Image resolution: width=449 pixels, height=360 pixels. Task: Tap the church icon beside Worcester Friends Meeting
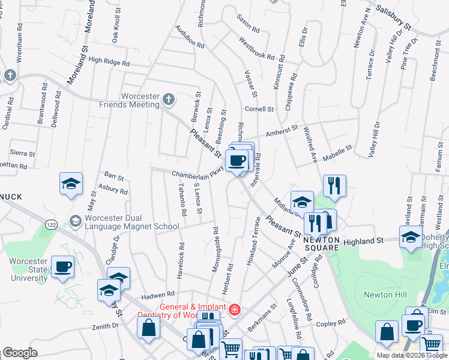pyautogui.click(x=169, y=99)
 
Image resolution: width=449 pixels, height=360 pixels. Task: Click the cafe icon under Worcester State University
pyautogui.click(x=62, y=266)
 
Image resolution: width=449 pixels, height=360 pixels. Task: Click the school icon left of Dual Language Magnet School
pyautogui.click(x=76, y=221)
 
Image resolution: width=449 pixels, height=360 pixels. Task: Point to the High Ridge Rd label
pyautogui.click(x=109, y=61)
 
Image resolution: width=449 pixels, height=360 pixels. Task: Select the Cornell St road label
pyautogui.click(x=259, y=109)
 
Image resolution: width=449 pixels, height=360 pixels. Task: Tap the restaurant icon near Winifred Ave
pyautogui.click(x=334, y=185)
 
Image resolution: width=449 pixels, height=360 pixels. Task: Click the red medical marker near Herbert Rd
pyautogui.click(x=235, y=310)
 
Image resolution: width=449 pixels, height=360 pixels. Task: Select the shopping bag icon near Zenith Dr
pyautogui.click(x=148, y=328)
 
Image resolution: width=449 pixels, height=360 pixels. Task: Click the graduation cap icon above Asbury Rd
pyautogui.click(x=71, y=184)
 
